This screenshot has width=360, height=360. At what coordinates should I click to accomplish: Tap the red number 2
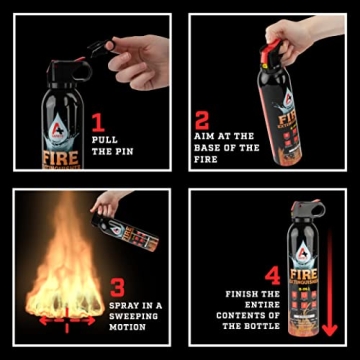(202, 121)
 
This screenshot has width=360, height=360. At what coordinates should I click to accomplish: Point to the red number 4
(271, 274)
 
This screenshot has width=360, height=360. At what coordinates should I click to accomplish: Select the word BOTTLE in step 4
(263, 326)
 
